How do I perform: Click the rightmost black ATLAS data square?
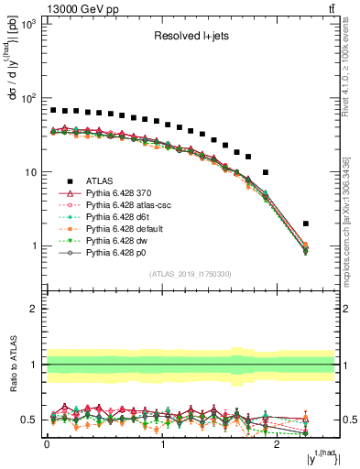pyautogui.click(x=306, y=224)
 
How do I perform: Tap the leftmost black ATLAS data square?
pyautogui.click(x=53, y=110)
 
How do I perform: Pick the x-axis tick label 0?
pyautogui.click(x=47, y=444)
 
